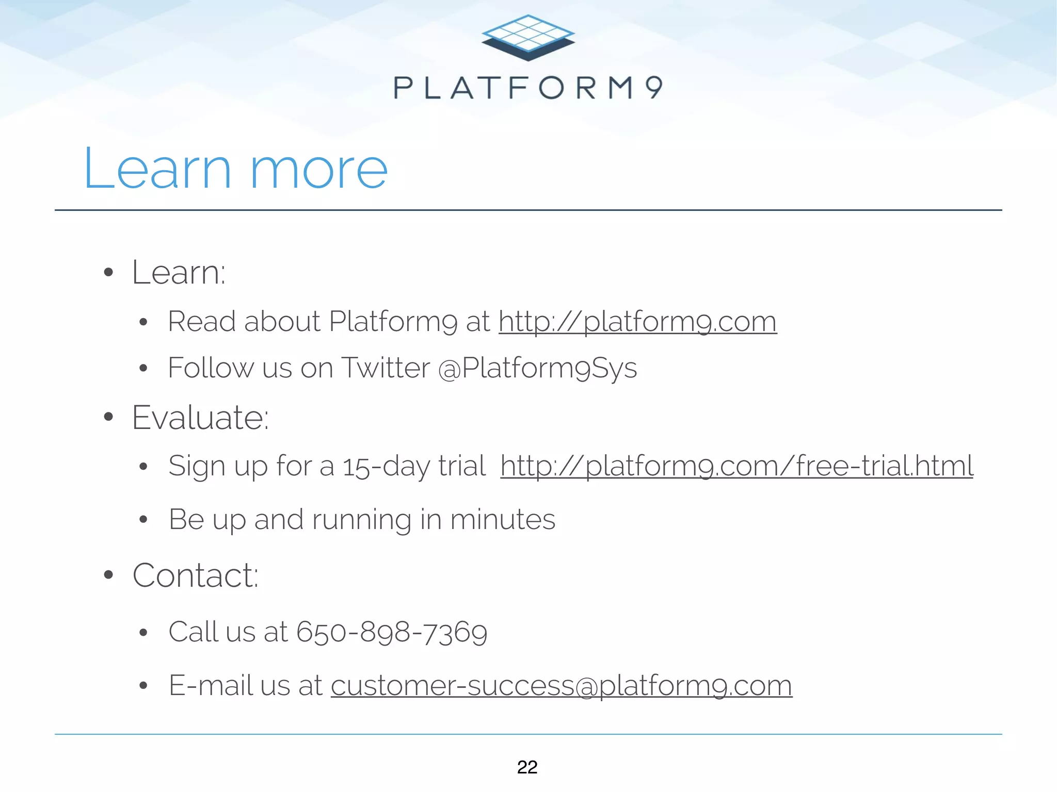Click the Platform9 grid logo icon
[x=528, y=37]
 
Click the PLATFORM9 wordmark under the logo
[x=528, y=88]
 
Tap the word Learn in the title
[x=157, y=169]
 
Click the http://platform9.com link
[x=637, y=322]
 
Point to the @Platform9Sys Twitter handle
[x=537, y=368]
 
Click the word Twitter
[x=386, y=368]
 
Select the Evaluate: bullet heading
[x=200, y=417]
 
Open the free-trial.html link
[x=736, y=466]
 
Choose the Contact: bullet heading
[x=195, y=575]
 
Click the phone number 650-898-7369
[x=392, y=632]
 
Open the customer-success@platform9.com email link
[x=561, y=686]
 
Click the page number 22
[x=527, y=767]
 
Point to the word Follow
[x=211, y=368]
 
